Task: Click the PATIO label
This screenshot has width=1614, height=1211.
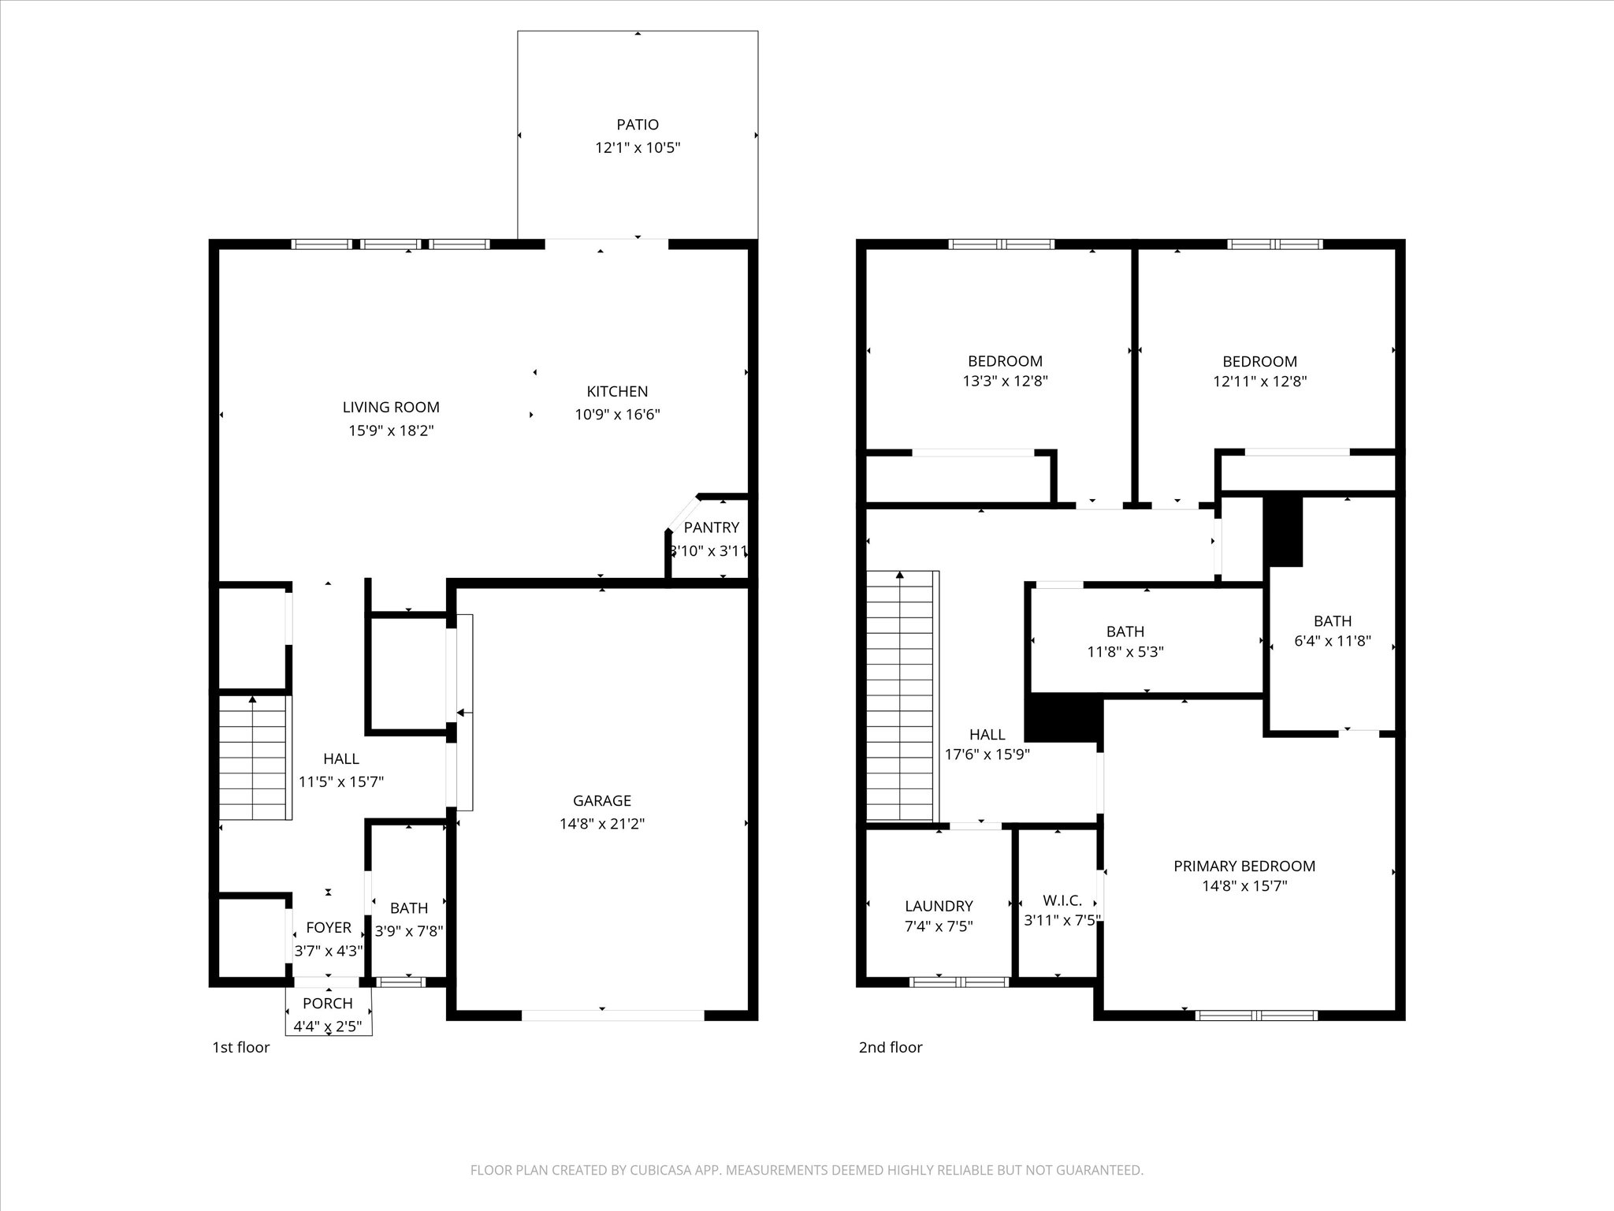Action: [637, 125]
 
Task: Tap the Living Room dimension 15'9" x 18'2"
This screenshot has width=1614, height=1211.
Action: [391, 430]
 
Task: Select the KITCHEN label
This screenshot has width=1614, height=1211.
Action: [617, 391]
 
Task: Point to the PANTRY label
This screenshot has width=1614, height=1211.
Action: [711, 527]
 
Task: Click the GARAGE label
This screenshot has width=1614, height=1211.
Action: [601, 800]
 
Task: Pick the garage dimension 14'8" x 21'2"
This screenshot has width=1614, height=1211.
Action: [601, 824]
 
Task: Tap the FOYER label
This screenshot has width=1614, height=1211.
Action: [329, 928]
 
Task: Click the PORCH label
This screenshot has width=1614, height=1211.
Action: [328, 1003]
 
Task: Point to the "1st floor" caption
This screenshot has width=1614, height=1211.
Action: [240, 1047]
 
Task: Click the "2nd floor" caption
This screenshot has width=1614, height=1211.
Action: [890, 1047]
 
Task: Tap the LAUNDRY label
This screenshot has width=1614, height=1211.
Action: [938, 906]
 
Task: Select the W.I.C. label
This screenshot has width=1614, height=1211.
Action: [1062, 900]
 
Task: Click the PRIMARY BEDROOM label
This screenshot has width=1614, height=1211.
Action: [1244, 866]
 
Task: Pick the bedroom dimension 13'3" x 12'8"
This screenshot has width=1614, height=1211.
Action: [1005, 381]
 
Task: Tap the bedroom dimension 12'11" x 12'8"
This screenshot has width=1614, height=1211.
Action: [1259, 381]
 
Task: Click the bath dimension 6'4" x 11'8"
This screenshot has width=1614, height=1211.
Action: [1332, 641]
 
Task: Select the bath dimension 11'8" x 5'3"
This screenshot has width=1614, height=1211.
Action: [1125, 652]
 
